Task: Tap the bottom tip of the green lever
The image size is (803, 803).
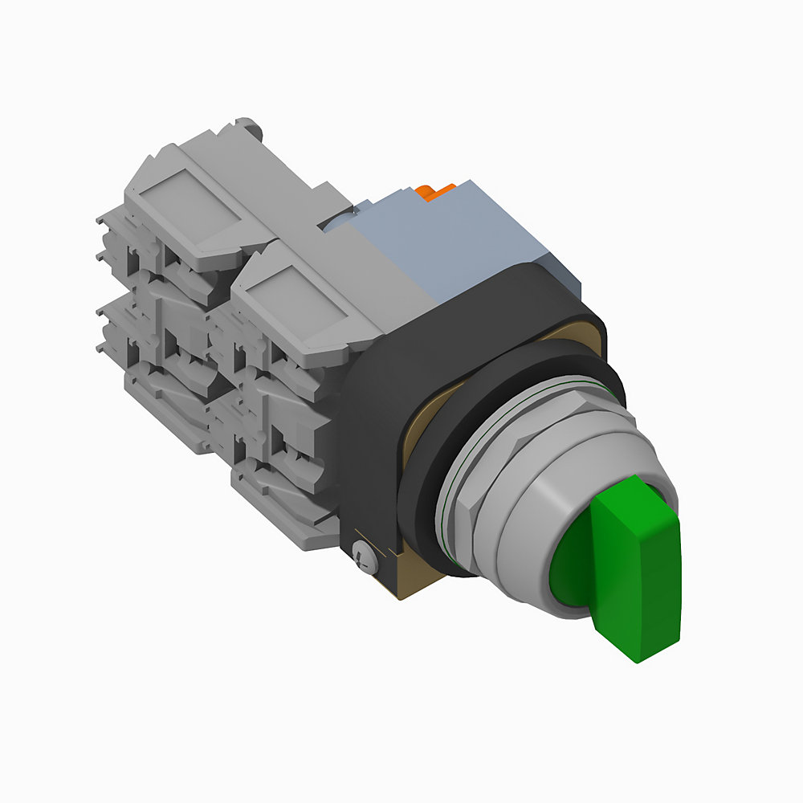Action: (x=638, y=654)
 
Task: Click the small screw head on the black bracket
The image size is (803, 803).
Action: (x=363, y=555)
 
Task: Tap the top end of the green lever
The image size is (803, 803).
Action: (x=626, y=482)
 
